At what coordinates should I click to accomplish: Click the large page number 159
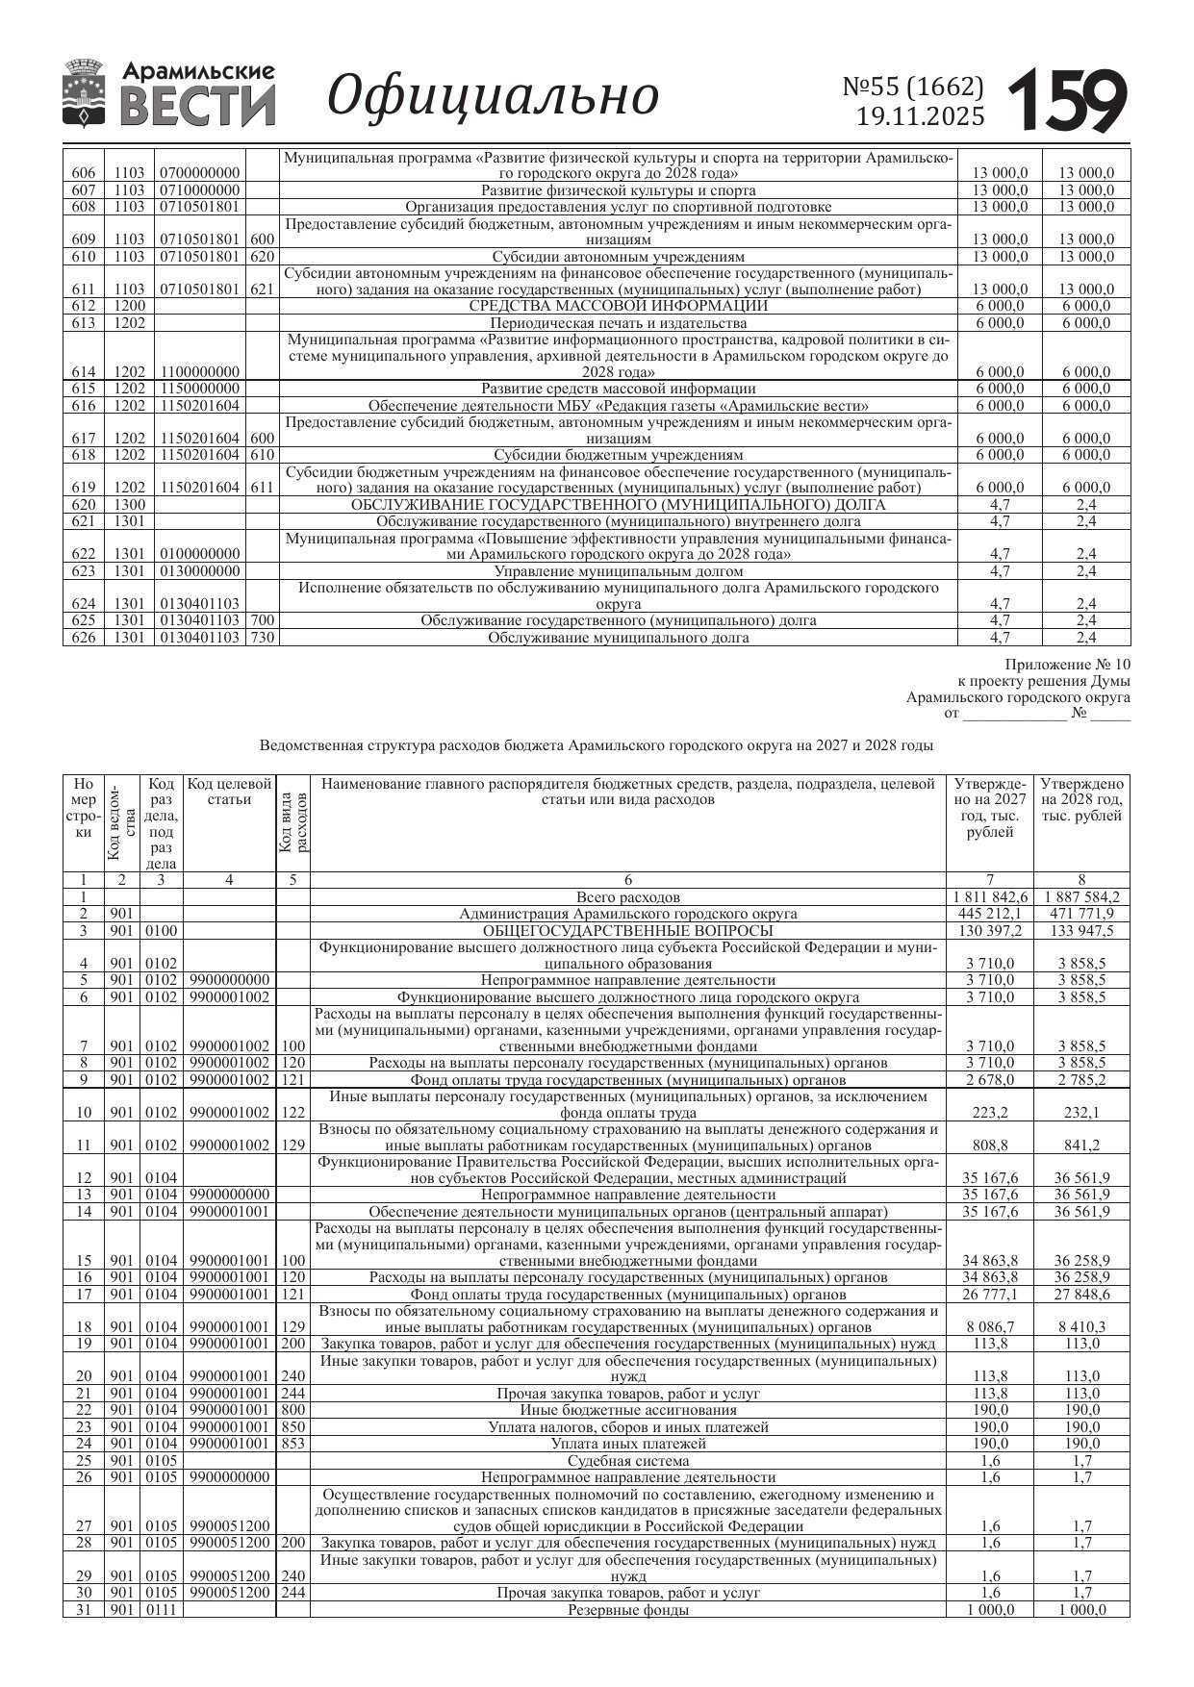pyautogui.click(x=1067, y=99)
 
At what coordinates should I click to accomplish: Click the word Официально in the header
pyautogui.click(x=494, y=96)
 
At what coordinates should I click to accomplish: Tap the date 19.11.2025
pyautogui.click(x=920, y=117)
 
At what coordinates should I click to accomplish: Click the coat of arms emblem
pyautogui.click(x=85, y=92)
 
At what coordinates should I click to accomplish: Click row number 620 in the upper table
pyautogui.click(x=83, y=505)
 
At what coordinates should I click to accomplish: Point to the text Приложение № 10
pyautogui.click(x=1068, y=665)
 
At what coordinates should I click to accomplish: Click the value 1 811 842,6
pyautogui.click(x=990, y=897)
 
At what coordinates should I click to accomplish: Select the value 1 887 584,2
pyautogui.click(x=1081, y=897)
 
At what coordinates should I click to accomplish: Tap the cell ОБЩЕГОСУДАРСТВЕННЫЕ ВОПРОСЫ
pyautogui.click(x=627, y=931)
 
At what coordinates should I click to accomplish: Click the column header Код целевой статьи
pyautogui.click(x=229, y=792)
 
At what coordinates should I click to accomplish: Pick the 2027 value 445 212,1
pyautogui.click(x=990, y=914)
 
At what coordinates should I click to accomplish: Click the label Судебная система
pyautogui.click(x=627, y=1460)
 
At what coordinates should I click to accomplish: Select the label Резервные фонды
pyautogui.click(x=627, y=1609)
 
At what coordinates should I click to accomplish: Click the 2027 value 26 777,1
pyautogui.click(x=990, y=1295)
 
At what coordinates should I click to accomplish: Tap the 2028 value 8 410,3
pyautogui.click(x=1081, y=1327)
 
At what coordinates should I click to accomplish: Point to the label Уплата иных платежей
pyautogui.click(x=627, y=1444)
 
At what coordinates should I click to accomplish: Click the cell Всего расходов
pyautogui.click(x=627, y=897)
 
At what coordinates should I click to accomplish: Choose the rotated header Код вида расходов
pyautogui.click(x=292, y=822)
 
